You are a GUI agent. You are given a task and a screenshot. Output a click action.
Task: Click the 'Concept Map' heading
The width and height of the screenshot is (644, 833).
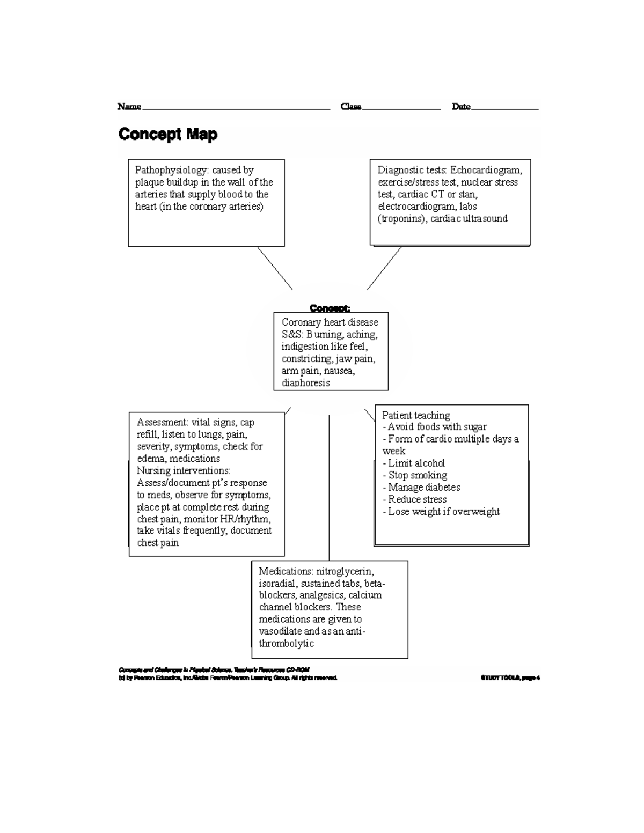coord(167,134)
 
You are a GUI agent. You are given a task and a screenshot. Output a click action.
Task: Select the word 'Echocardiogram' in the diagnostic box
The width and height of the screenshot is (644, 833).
coord(486,170)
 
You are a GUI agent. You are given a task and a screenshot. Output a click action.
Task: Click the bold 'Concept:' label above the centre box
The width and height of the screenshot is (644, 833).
coord(330,308)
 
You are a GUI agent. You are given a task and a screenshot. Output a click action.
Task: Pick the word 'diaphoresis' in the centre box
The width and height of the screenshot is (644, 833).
coord(306,383)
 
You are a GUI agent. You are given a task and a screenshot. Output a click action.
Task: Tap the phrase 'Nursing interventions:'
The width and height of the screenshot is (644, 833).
coord(183,470)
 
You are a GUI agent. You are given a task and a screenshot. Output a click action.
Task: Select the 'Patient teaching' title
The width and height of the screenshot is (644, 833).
coord(416,415)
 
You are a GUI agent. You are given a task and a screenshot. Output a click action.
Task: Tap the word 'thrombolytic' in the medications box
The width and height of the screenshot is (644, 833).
coord(286,643)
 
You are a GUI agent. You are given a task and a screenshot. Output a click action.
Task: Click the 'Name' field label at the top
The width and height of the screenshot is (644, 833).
coord(129,107)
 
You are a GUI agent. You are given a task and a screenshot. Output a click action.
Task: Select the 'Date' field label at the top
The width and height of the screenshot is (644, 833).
coord(461,107)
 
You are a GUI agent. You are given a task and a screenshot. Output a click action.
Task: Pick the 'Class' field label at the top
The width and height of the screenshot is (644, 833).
coord(351,107)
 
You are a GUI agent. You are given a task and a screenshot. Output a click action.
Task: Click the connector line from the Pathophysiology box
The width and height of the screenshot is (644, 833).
coord(275,268)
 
